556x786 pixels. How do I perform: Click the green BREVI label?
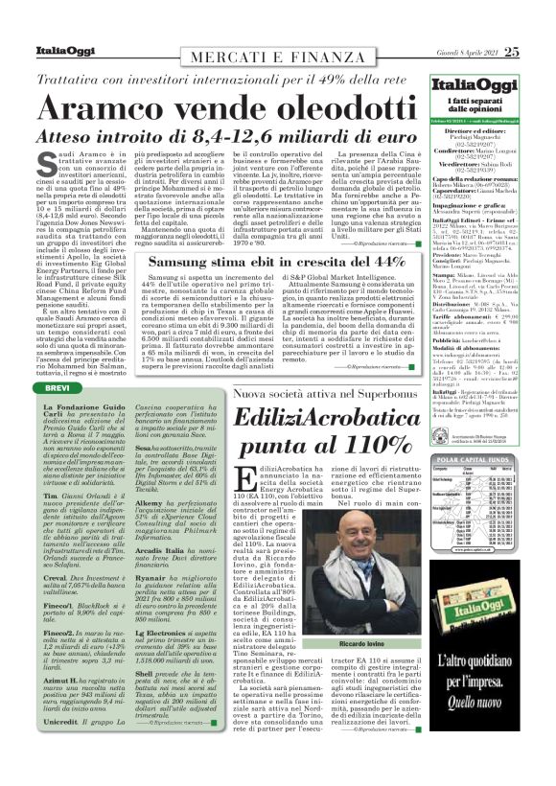pos(57,386)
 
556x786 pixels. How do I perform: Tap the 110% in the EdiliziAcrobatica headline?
pos(357,444)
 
